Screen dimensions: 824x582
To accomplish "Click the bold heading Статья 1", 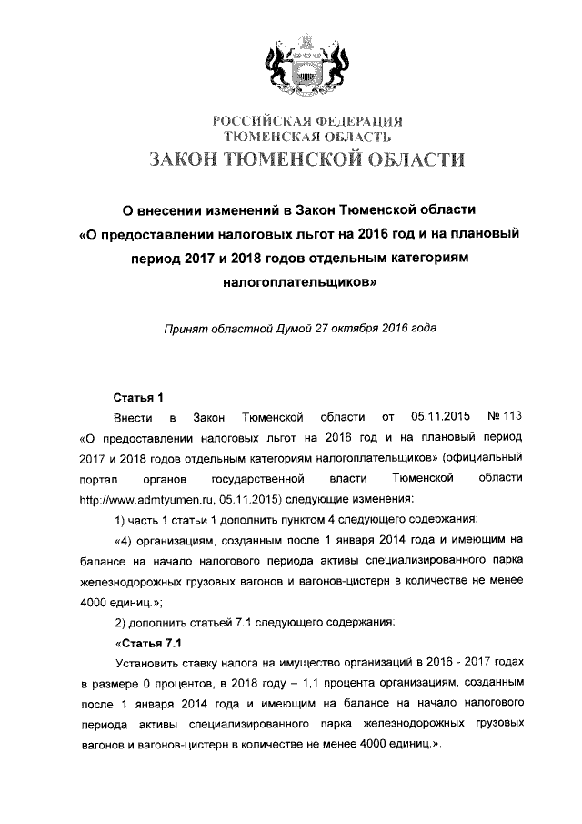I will point(136,397).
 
